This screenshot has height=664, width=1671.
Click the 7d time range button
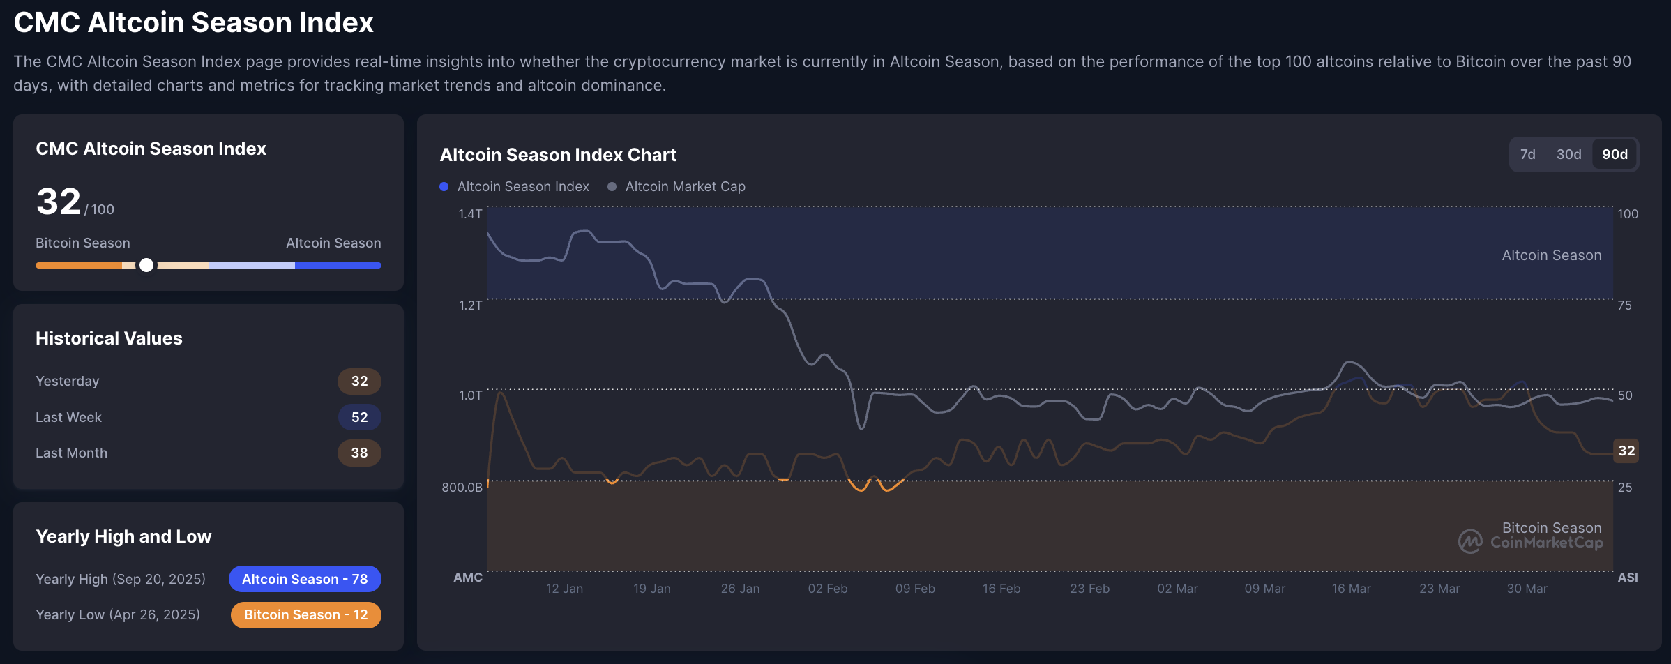click(1527, 154)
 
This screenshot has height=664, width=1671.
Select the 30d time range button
click(1568, 154)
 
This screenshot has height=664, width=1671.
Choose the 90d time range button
click(1615, 154)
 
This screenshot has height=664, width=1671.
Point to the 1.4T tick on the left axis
click(470, 213)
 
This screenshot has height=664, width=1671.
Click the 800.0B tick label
click(462, 487)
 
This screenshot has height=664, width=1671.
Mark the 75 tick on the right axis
click(1624, 305)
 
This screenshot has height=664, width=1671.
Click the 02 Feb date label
click(827, 589)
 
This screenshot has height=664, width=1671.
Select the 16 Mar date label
click(1351, 589)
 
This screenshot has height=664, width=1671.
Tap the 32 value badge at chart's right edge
click(1626, 451)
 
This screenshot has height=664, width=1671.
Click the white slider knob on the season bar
click(146, 265)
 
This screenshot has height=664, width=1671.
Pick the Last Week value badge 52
click(359, 417)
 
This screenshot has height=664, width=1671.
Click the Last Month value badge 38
click(359, 453)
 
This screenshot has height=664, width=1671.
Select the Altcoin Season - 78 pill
click(305, 579)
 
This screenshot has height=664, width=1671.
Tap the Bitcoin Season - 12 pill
click(305, 614)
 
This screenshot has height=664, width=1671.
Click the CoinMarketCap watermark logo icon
click(1470, 541)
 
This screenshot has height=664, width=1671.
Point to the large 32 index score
click(59, 202)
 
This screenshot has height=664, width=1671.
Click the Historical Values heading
click(109, 338)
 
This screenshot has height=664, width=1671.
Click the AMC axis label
click(467, 578)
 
